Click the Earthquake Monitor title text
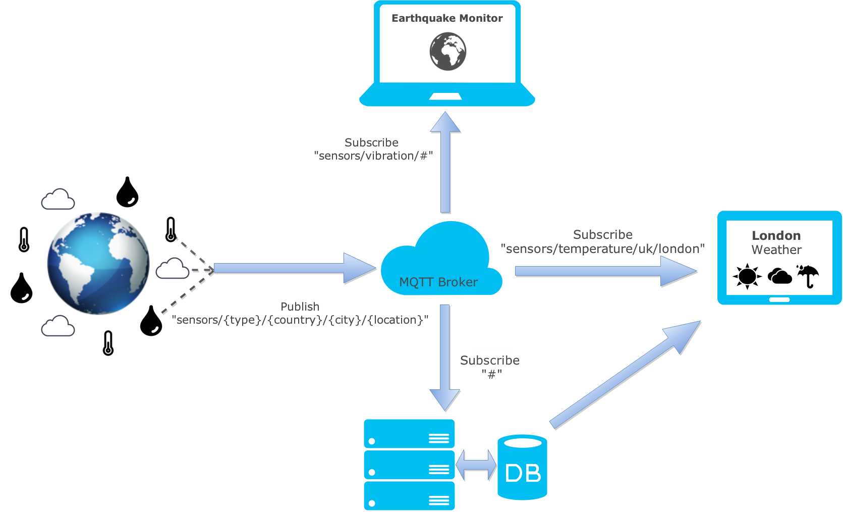447,18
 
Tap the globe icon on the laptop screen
447,51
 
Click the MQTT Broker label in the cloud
438,282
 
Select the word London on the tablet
776,235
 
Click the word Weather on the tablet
776,249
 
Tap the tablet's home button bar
779,299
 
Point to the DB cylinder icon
522,467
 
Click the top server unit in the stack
409,434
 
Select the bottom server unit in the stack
409,496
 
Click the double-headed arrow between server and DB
476,465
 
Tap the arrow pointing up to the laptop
445,162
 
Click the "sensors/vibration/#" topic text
373,156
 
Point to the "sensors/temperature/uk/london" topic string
602,249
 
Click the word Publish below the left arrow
300,306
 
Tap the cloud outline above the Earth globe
58,199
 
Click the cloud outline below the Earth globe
58,326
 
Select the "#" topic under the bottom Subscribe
491,374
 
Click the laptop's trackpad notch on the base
445,96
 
